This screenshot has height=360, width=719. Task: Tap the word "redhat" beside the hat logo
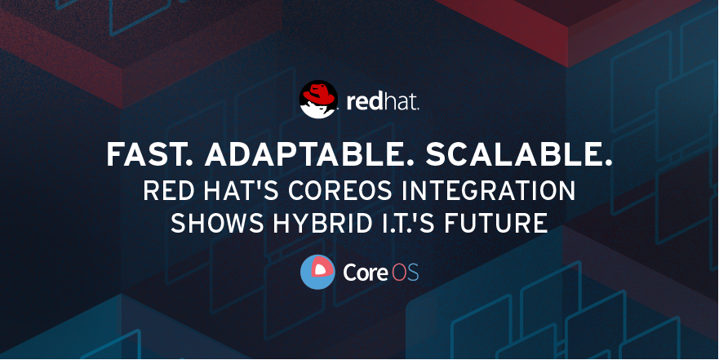[383, 101]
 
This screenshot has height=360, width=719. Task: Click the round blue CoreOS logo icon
[317, 273]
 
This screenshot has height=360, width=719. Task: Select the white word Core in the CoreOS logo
[366, 273]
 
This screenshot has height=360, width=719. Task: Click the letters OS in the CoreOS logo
[405, 273]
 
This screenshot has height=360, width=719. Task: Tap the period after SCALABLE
[608, 163]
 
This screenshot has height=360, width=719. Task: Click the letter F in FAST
[114, 154]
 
